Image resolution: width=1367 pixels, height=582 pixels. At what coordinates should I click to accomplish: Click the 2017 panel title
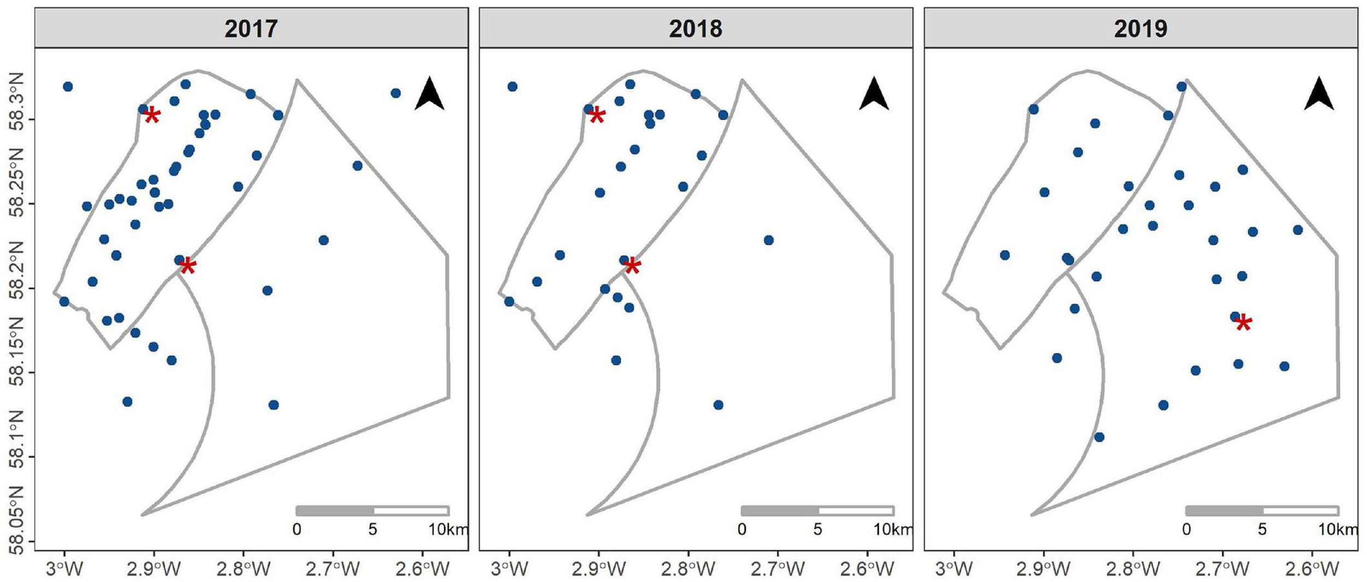pyautogui.click(x=251, y=28)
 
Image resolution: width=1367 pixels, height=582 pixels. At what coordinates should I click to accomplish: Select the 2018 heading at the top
pyautogui.click(x=696, y=28)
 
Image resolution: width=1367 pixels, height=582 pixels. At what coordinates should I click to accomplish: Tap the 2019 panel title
pyautogui.click(x=1141, y=28)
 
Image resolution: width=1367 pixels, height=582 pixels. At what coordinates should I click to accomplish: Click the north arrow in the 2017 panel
pyautogui.click(x=429, y=94)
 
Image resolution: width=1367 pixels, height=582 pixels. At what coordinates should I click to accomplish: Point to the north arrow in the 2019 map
pyautogui.click(x=1319, y=94)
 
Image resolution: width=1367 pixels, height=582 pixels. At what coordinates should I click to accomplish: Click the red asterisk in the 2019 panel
pyautogui.click(x=1243, y=323)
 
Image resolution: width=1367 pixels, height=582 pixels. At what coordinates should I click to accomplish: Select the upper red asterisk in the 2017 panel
pyautogui.click(x=152, y=116)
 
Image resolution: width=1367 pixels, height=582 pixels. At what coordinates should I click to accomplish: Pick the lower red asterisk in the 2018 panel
pyautogui.click(x=632, y=266)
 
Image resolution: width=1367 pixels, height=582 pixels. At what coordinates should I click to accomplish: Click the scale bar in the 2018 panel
pyautogui.click(x=817, y=511)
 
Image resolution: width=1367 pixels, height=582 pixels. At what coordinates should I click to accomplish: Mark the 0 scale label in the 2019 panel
pyautogui.click(x=1186, y=529)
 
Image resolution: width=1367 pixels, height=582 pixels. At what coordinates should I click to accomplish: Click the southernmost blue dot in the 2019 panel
pyautogui.click(x=1099, y=437)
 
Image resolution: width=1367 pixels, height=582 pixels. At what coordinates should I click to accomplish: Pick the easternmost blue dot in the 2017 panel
pyautogui.click(x=395, y=93)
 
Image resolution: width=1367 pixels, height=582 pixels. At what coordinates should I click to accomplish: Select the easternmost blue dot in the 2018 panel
pyautogui.click(x=768, y=240)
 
